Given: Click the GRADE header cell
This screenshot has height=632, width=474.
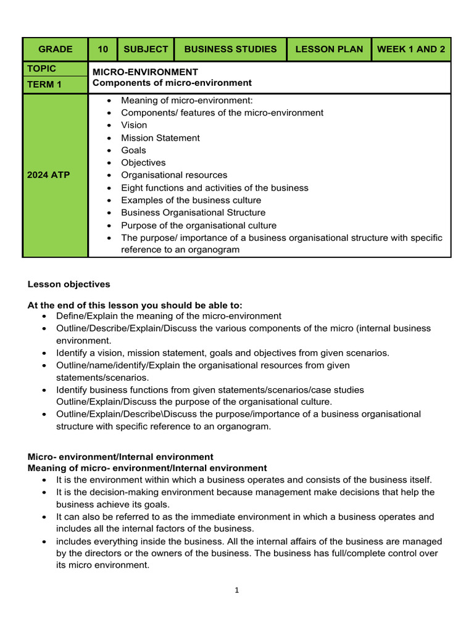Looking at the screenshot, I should pos(55,49).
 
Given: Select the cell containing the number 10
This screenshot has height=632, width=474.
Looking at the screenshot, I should pos(102,49).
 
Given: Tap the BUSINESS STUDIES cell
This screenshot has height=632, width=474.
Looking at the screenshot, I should pos(230,49).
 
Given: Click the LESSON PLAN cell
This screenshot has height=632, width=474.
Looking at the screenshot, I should pos(329,49).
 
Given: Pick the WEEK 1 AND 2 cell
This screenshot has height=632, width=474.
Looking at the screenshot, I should pos(410,49).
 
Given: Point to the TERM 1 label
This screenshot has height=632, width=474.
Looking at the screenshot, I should pos(44,85).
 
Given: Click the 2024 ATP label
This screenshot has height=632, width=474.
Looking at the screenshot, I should pos(49,175).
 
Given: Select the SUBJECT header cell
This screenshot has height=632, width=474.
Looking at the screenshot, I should pos(146,49).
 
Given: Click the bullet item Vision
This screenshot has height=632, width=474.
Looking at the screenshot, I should pos(134,125).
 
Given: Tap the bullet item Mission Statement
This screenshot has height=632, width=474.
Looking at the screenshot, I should pos(160,138).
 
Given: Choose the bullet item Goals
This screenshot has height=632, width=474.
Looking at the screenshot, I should pos(133,150).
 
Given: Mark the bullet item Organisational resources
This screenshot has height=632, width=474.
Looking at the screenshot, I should pos(174,175).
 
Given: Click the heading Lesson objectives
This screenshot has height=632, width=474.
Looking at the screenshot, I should pos(69,285).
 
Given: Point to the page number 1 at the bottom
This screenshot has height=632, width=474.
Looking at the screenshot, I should pos(236,591).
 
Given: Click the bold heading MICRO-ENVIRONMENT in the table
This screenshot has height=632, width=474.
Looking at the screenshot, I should pos(145,72).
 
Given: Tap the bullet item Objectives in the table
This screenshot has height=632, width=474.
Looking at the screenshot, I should pos(143,163).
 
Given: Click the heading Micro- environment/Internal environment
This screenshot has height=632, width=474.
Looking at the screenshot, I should pos(120,457).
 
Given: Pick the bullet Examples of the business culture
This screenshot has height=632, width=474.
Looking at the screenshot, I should pos(191,200).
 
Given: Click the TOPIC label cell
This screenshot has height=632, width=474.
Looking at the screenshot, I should pos(41,69).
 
